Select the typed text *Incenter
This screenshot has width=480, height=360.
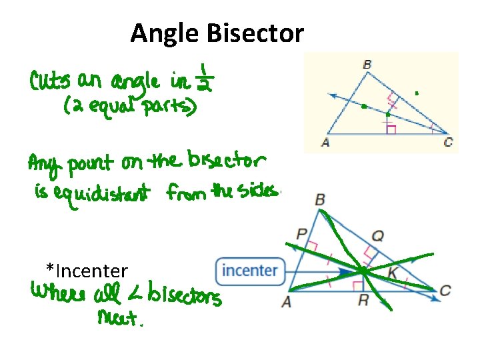click(x=87, y=271)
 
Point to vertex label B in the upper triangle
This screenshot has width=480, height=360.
click(x=367, y=65)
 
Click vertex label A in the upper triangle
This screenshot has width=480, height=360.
click(x=326, y=142)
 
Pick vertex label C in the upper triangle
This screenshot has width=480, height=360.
click(x=447, y=142)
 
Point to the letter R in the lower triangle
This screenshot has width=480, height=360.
click(x=363, y=301)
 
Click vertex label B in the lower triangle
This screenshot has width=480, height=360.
click(x=320, y=199)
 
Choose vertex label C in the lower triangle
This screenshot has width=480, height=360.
click(x=445, y=291)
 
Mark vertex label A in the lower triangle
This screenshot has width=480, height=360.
click(x=286, y=301)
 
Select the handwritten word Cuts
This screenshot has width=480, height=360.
click(x=51, y=84)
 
